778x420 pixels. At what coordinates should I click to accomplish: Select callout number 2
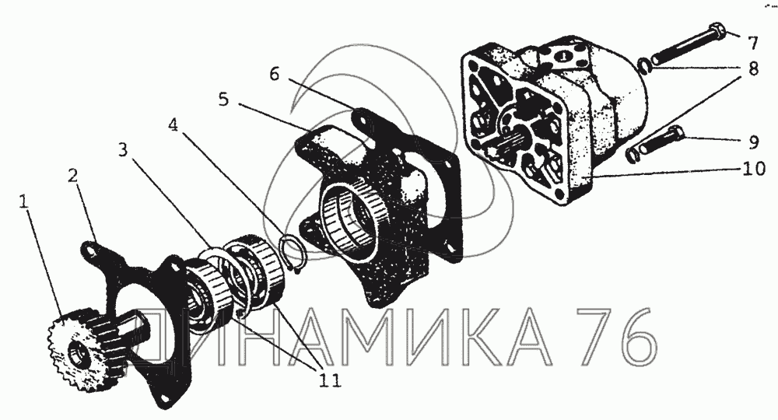pyautogui.click(x=73, y=176)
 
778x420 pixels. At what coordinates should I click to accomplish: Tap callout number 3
pyautogui.click(x=123, y=149)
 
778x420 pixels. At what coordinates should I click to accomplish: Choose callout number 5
pyautogui.click(x=224, y=100)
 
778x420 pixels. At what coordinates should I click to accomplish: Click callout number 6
pyautogui.click(x=275, y=74)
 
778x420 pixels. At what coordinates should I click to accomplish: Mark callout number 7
pyautogui.click(x=753, y=43)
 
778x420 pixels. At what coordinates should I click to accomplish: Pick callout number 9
pyautogui.click(x=753, y=142)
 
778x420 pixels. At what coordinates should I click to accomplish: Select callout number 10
pyautogui.click(x=754, y=169)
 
